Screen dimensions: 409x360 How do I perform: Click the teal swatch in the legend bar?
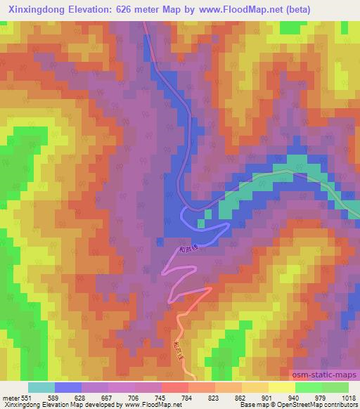tap(41, 387)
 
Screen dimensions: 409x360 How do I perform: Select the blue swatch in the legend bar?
tap(68, 387)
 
